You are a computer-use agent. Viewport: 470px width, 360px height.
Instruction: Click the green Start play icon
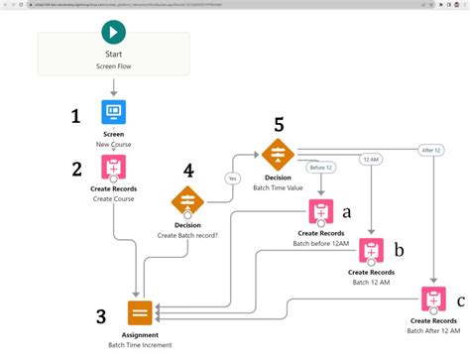tap(113, 33)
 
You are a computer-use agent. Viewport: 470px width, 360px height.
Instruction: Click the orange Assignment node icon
tap(140, 310)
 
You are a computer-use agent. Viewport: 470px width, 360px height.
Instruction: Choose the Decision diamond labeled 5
tap(277, 154)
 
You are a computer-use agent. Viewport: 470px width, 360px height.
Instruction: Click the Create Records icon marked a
tap(320, 211)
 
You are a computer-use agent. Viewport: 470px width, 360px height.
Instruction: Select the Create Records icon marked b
tap(369, 249)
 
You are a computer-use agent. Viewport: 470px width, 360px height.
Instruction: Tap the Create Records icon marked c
tap(432, 298)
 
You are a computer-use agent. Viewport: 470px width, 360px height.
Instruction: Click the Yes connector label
tap(233, 179)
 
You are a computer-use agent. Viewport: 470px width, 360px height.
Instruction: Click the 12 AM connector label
tap(369, 160)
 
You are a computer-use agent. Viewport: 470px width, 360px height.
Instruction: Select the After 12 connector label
tap(431, 150)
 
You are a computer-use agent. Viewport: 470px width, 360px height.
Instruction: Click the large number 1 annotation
tap(74, 116)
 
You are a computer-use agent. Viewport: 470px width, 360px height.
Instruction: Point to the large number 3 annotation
tap(100, 316)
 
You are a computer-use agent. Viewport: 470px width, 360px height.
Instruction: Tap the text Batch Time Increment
tap(140, 345)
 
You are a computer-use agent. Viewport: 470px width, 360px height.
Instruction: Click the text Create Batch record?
tap(188, 236)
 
